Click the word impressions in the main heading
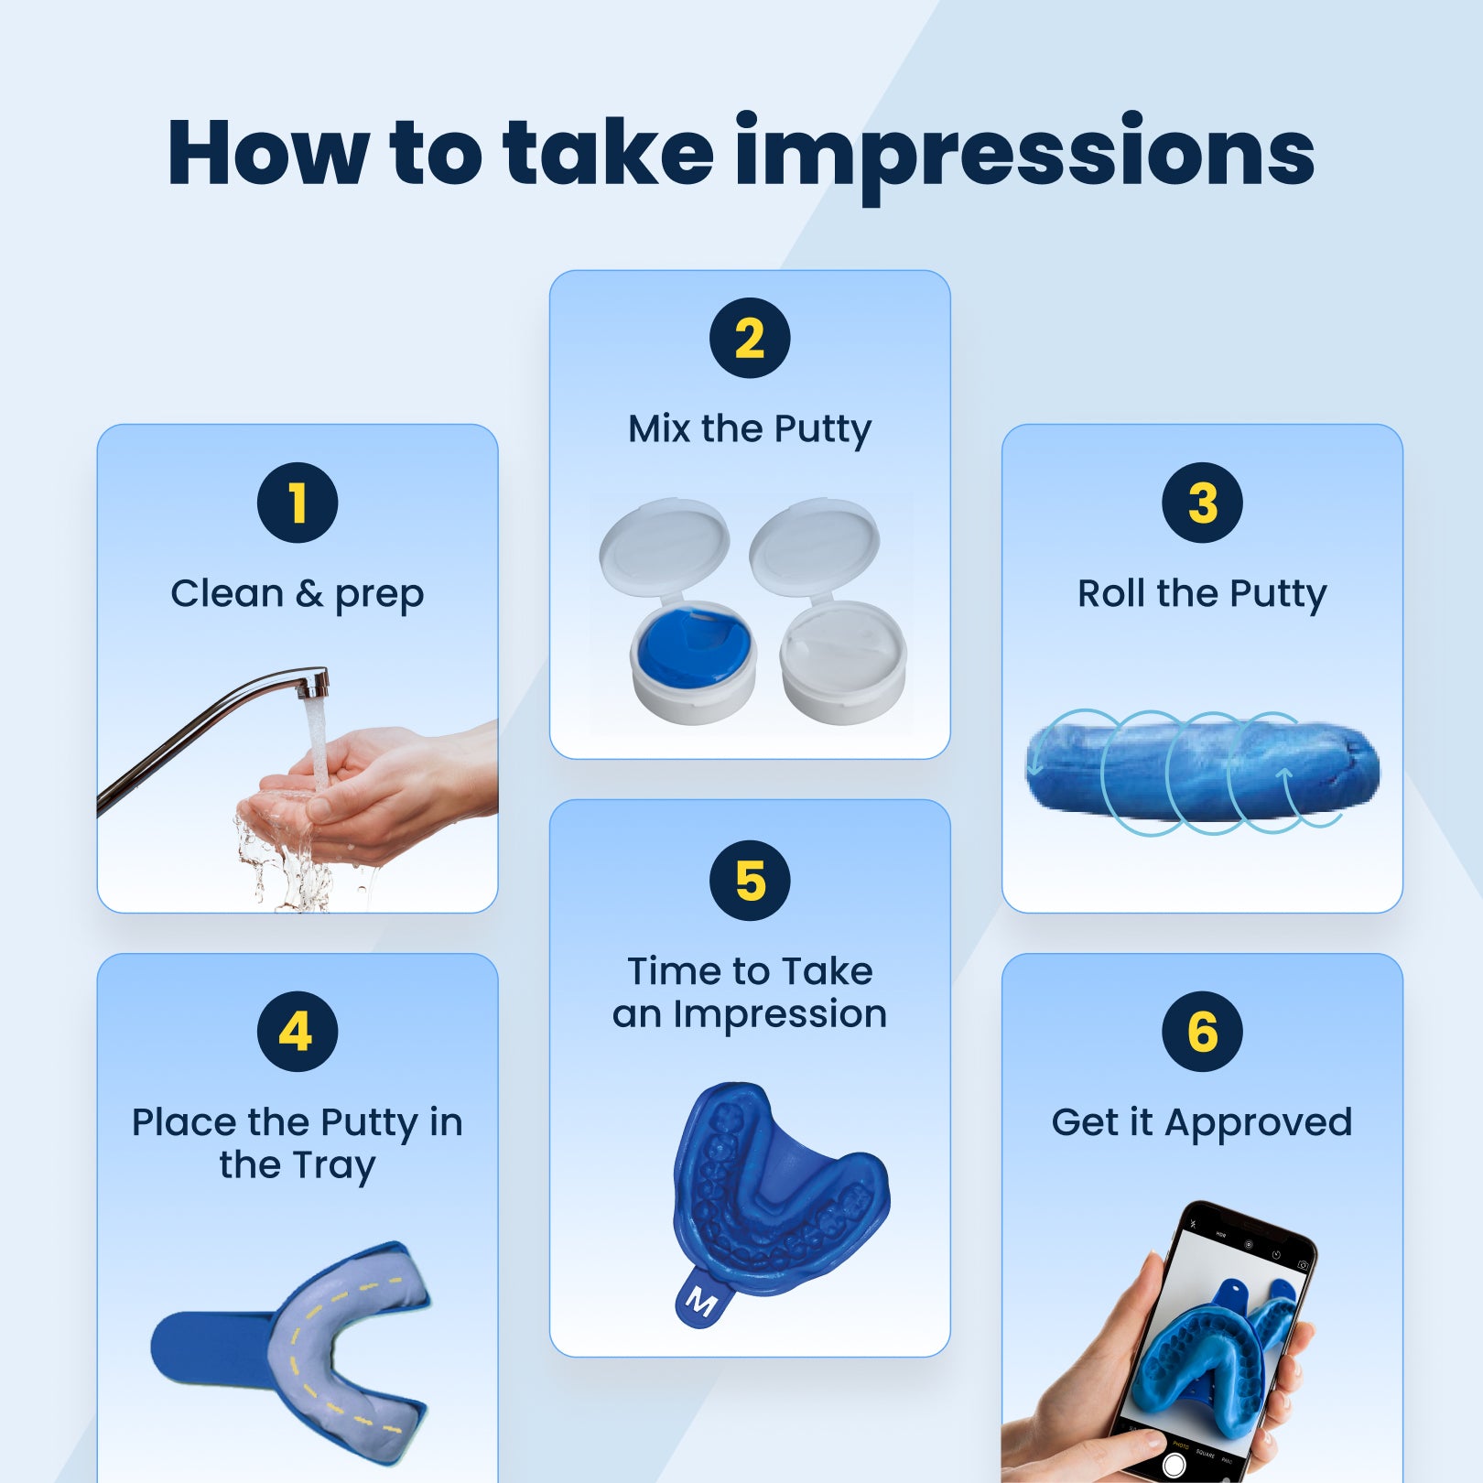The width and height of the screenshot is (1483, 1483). coord(1024,155)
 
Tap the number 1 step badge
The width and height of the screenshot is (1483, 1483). coord(298,503)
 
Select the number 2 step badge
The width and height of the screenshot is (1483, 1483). coord(750,338)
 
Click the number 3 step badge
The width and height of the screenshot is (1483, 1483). coord(1202,503)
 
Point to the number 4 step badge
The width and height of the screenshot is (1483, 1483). coord(298,1032)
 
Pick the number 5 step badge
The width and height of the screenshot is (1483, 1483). coord(750,880)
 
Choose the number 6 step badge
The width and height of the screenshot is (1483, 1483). coord(1202,1032)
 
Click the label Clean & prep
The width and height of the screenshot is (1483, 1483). coord(298,594)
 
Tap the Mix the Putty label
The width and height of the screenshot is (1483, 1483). coord(750,429)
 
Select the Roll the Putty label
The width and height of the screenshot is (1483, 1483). coord(1202,594)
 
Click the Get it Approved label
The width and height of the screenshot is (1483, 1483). coord(1202,1123)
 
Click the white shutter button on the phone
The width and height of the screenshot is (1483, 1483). coord(1174,1465)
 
